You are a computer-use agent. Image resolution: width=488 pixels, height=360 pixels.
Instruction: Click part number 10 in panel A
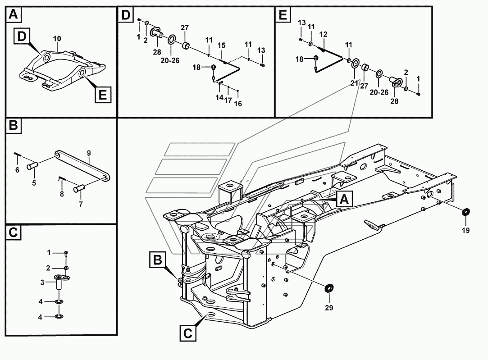(57, 39)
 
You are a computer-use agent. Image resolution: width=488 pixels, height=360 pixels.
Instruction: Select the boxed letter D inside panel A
(22, 36)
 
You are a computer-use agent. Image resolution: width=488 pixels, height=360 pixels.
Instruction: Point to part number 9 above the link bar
(89, 153)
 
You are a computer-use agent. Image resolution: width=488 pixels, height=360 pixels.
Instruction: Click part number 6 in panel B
(17, 170)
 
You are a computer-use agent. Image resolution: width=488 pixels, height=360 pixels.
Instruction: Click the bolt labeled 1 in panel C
(67, 253)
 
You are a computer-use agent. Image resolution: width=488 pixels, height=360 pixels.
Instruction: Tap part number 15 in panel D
(222, 46)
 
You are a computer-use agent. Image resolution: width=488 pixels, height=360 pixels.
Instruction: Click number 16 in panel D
(238, 104)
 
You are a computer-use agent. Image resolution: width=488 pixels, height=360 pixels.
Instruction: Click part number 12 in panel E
(324, 35)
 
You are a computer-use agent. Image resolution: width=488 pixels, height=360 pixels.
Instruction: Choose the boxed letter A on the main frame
(344, 199)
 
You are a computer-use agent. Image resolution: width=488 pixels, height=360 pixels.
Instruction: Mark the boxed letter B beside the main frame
(157, 260)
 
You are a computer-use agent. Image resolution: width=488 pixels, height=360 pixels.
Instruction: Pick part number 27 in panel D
(185, 27)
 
